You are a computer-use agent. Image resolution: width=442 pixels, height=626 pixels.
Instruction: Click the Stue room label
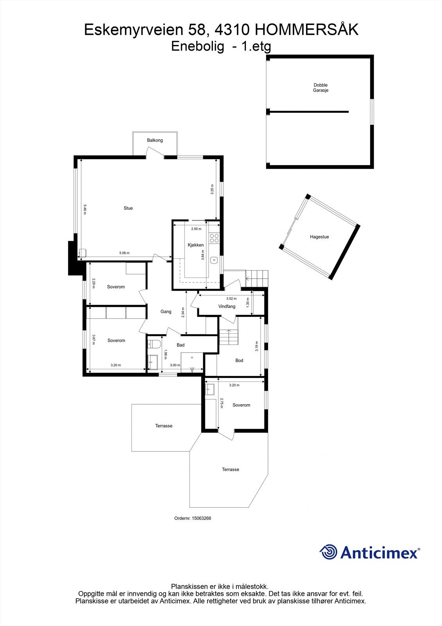point(128,208)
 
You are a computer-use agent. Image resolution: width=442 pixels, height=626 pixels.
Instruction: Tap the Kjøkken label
point(195,245)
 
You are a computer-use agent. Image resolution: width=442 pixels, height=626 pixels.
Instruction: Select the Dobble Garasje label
point(320,88)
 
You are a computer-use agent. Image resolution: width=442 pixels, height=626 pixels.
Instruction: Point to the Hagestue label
point(319,237)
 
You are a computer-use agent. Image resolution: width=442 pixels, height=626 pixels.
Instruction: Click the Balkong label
point(155,140)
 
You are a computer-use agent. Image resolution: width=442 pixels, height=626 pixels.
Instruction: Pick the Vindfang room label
point(227,306)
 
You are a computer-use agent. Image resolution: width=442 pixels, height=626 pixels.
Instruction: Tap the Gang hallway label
point(166,312)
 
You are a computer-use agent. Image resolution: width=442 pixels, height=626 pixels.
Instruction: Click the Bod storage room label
point(239,360)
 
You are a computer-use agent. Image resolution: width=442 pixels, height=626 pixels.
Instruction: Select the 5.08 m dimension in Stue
point(124,253)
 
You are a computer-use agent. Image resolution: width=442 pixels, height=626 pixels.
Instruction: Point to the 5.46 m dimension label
point(84,209)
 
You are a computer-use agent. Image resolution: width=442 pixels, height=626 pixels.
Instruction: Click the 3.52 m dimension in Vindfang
point(231,299)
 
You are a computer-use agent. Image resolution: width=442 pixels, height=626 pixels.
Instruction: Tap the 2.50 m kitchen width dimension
point(196,229)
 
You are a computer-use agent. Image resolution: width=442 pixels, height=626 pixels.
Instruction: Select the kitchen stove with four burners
point(214,238)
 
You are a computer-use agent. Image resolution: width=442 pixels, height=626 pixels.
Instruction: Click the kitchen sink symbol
point(214,260)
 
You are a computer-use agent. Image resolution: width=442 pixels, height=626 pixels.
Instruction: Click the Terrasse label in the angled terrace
point(231,469)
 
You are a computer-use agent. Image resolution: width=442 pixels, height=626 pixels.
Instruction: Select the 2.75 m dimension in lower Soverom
point(221,403)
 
